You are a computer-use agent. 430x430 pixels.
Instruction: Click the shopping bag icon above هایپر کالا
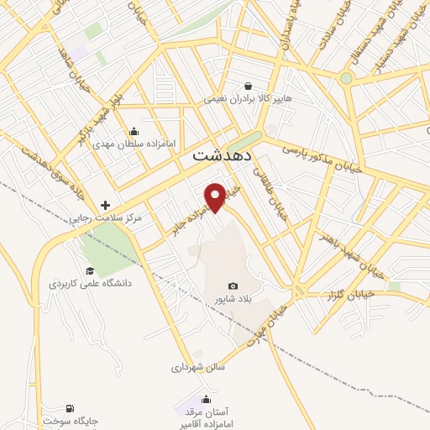pyautogui.click(x=248, y=86)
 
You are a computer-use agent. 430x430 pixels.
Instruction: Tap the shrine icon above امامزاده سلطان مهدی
pyautogui.click(x=134, y=131)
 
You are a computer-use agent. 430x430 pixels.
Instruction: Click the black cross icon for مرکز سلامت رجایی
pyautogui.click(x=105, y=205)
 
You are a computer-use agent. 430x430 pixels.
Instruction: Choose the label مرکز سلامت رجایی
pyautogui.click(x=105, y=218)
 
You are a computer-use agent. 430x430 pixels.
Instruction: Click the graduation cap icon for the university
pyautogui.click(x=90, y=270)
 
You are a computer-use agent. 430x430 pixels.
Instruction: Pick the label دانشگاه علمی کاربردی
pyautogui.click(x=90, y=284)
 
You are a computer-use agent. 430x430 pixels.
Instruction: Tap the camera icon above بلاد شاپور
pyautogui.click(x=233, y=286)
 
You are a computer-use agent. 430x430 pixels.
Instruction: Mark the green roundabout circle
pyautogui.click(x=345, y=78)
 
